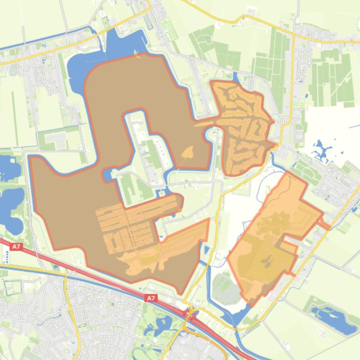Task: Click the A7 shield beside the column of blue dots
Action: click(x=16, y=246)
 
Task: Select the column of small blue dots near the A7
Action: click(x=7, y=256)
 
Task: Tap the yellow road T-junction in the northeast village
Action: click(x=294, y=37)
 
